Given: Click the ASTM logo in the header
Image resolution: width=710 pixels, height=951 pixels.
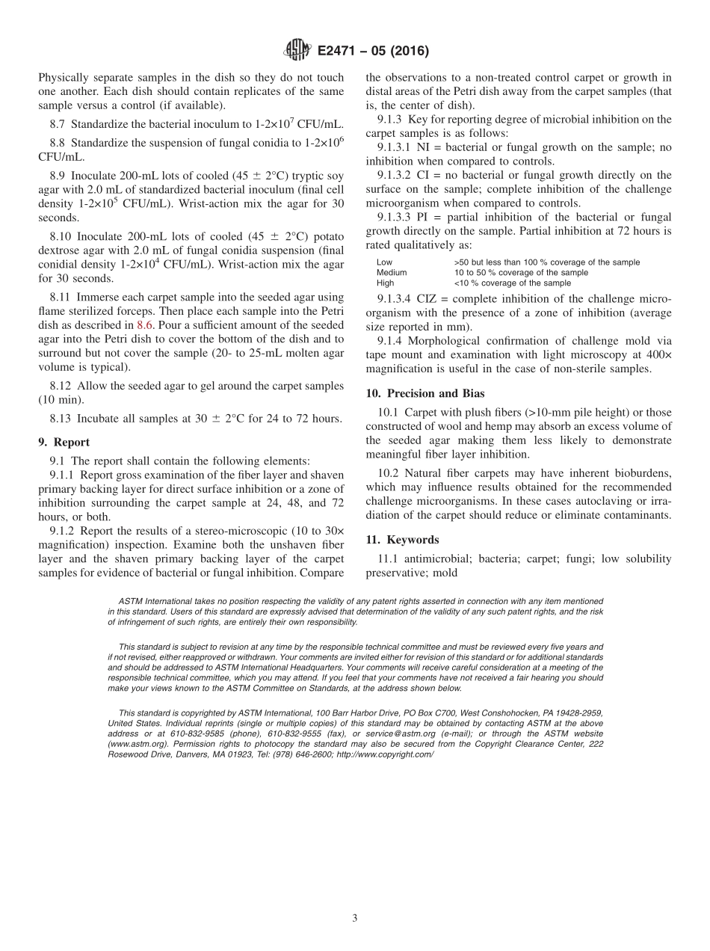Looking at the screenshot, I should tap(297, 51).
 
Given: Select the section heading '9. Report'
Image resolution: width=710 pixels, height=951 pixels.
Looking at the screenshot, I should tap(64, 442).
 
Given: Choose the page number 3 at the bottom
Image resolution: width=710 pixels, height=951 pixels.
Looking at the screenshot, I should tap(355, 918).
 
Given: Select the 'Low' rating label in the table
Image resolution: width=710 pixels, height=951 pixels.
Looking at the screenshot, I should tap(384, 262).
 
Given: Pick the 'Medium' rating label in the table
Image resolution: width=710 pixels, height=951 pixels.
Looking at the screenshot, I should tap(392, 273).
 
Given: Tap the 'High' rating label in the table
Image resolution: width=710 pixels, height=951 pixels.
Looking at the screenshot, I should tap(385, 283).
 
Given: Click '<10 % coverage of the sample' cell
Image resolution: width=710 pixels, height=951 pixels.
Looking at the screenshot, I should tap(512, 283).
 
